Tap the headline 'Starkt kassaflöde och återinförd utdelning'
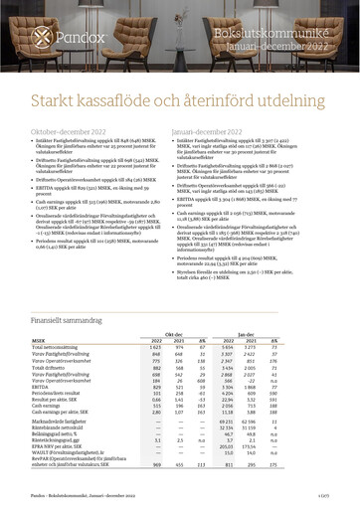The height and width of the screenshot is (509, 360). [179, 99]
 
